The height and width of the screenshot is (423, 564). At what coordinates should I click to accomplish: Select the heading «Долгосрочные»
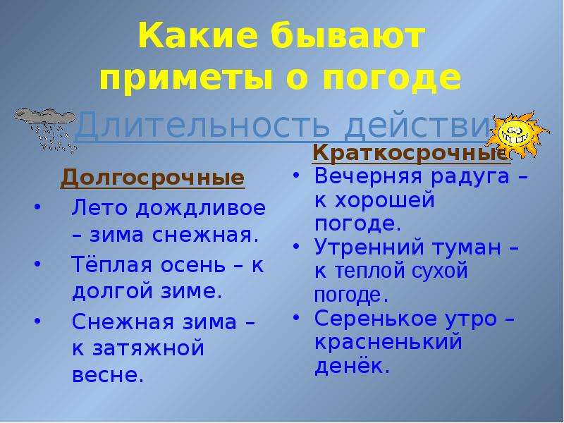(152, 177)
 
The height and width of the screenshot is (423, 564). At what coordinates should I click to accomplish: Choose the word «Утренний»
(372, 247)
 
